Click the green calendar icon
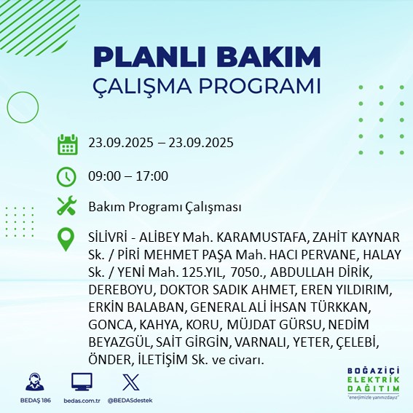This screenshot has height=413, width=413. click(x=67, y=143)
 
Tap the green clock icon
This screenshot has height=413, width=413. click(x=67, y=176)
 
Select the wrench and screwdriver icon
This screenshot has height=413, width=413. click(x=67, y=207)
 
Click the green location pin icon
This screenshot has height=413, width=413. click(x=67, y=240)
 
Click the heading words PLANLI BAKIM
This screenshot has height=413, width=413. click(x=208, y=57)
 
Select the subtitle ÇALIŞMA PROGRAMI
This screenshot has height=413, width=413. click(x=208, y=85)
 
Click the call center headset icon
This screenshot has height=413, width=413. click(x=33, y=382)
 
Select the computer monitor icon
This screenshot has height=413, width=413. click(x=82, y=382)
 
